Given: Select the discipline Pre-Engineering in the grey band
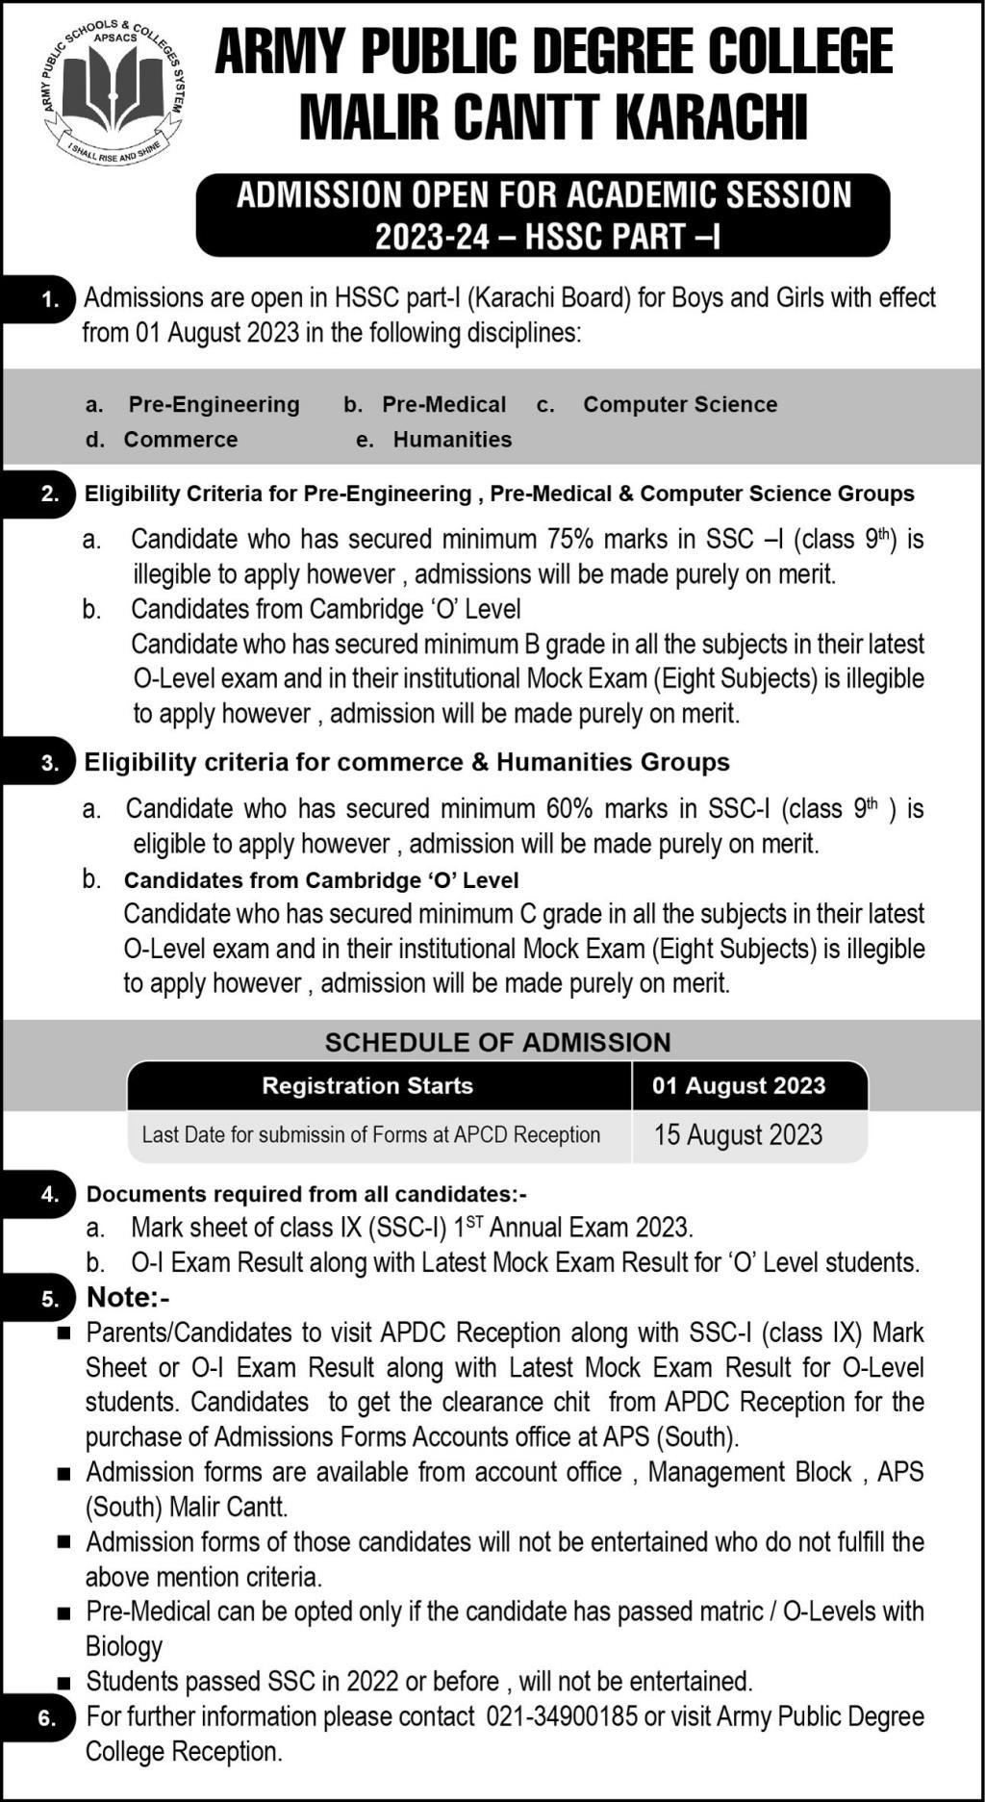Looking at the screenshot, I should point(214,405).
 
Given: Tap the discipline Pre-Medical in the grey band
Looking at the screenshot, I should point(443,405).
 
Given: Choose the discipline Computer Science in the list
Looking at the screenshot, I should point(680,405).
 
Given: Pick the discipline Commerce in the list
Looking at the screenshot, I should point(181,440).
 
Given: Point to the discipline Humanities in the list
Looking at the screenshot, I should point(452,440).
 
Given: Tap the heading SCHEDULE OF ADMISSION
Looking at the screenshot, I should point(497,1043).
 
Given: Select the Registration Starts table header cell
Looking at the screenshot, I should point(367,1086).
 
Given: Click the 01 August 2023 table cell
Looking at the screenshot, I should point(739,1086).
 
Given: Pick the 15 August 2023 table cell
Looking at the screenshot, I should point(738,1135).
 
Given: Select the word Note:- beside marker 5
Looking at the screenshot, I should point(128,1298).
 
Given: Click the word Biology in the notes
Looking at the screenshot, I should point(124,1647).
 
